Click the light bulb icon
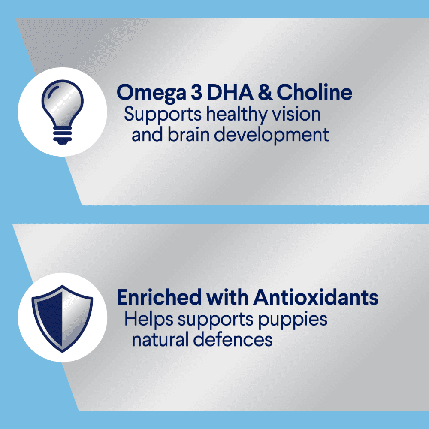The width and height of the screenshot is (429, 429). tap(62, 112)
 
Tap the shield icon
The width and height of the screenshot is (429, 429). tap(62, 319)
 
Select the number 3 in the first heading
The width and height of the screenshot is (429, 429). tap(196, 92)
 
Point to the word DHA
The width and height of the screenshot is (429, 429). tap(230, 92)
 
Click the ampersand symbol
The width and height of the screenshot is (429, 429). tap(265, 92)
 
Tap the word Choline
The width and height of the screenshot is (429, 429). tap(314, 92)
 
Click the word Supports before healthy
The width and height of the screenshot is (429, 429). tap(163, 115)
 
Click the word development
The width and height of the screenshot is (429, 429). tap(272, 136)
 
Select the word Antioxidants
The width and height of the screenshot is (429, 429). tap(316, 297)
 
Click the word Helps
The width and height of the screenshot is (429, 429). tap(149, 319)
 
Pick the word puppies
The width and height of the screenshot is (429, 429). tap(293, 320)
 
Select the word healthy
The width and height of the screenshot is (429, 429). tap(236, 115)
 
